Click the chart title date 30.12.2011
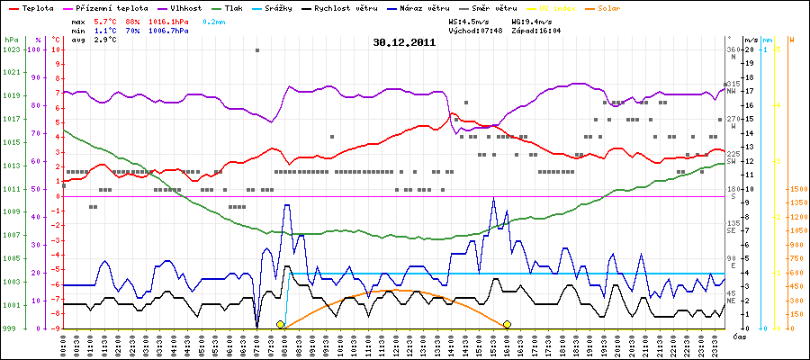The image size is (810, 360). [405, 41]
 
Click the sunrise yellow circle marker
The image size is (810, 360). [281, 324]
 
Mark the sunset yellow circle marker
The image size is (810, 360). [508, 324]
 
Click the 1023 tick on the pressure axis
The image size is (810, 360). [11, 50]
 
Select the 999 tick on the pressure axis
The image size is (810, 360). [11, 328]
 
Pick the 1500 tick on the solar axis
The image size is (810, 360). [797, 190]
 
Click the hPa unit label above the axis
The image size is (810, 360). [11, 40]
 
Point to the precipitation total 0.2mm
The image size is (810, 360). [214, 19]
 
